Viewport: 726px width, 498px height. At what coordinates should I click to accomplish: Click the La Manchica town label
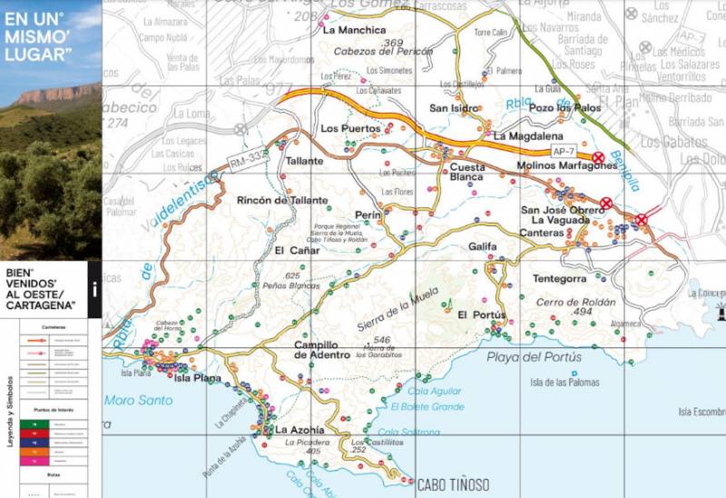(348, 30)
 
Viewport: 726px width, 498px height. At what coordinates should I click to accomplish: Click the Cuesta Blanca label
(467, 173)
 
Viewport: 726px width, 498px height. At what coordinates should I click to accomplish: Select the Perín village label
(368, 214)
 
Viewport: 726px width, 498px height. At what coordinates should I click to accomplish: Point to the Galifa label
(486, 246)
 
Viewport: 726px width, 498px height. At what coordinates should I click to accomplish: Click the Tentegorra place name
(560, 278)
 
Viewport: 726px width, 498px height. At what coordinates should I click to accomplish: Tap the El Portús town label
(481, 314)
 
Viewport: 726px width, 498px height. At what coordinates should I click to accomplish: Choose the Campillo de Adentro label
(321, 350)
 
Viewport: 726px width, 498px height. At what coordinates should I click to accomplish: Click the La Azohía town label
(299, 430)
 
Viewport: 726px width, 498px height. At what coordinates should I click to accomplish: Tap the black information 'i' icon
(94, 291)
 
